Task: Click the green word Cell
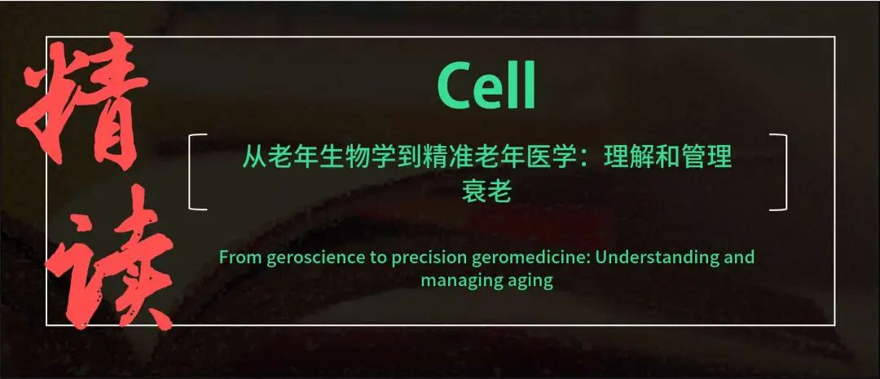[486, 86]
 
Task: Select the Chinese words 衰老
[486, 191]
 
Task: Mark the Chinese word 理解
[628, 158]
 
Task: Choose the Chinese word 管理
[708, 158]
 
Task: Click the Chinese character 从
[253, 158]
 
